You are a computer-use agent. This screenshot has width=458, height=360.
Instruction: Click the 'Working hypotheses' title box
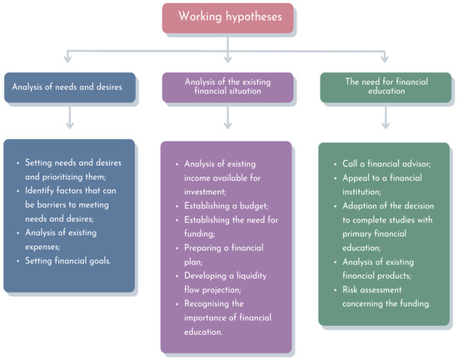(x=228, y=18)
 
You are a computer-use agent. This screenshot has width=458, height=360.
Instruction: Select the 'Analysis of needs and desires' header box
(x=70, y=87)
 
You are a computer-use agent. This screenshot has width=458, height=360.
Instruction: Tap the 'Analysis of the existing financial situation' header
(x=228, y=87)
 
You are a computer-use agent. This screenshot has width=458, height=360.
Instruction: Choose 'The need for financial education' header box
(x=386, y=87)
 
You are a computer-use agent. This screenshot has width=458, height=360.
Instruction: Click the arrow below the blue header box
(x=69, y=117)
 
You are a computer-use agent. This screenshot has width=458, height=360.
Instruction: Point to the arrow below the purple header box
(x=227, y=117)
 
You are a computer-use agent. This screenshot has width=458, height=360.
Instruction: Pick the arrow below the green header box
(x=386, y=117)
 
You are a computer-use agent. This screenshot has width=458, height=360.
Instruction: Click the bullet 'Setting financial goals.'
(x=67, y=261)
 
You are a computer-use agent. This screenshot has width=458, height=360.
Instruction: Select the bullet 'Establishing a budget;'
(x=226, y=206)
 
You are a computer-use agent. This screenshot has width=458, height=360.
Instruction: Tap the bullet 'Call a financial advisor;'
(x=386, y=164)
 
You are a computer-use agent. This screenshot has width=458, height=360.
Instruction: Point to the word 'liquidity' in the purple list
(x=251, y=276)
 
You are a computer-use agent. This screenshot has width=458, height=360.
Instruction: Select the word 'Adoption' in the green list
(x=360, y=207)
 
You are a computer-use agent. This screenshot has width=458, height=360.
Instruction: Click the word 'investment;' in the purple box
(x=205, y=192)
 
